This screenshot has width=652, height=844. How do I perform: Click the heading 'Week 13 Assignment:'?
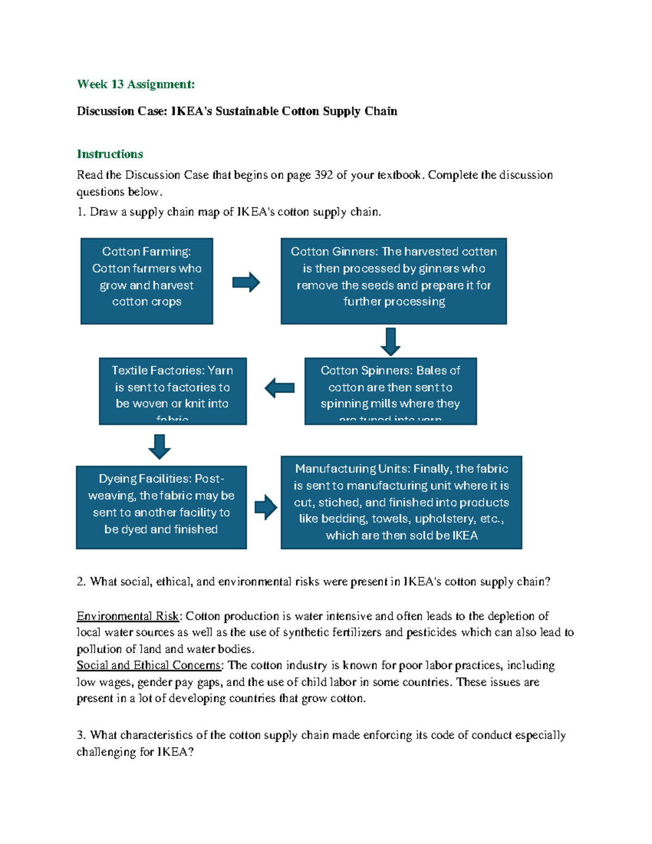pyautogui.click(x=135, y=84)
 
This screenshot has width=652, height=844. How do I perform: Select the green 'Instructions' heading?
pyautogui.click(x=110, y=154)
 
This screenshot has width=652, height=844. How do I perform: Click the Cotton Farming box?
pyautogui.click(x=147, y=281)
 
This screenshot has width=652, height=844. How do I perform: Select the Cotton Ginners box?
pyautogui.click(x=393, y=281)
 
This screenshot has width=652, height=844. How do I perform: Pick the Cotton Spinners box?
pyautogui.click(x=390, y=391)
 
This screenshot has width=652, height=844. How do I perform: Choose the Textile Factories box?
pyautogui.click(x=172, y=391)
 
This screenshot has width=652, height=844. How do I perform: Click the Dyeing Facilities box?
pyautogui.click(x=161, y=507)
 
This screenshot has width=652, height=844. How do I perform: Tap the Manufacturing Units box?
pyautogui.click(x=401, y=502)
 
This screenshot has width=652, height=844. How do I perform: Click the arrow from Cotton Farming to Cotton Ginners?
pyautogui.click(x=246, y=282)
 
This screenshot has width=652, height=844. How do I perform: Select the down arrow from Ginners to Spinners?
pyautogui.click(x=390, y=342)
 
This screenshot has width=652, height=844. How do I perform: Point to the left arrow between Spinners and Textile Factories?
pyautogui.click(x=279, y=388)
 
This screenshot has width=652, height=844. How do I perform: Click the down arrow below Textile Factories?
pyautogui.click(x=159, y=447)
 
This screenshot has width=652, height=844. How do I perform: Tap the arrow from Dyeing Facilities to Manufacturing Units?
pyautogui.click(x=266, y=507)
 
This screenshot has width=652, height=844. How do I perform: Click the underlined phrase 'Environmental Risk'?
pyautogui.click(x=128, y=616)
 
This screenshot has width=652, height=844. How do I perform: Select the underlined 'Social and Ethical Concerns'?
pyautogui.click(x=149, y=666)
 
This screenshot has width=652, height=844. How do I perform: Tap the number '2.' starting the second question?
pyautogui.click(x=81, y=582)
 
